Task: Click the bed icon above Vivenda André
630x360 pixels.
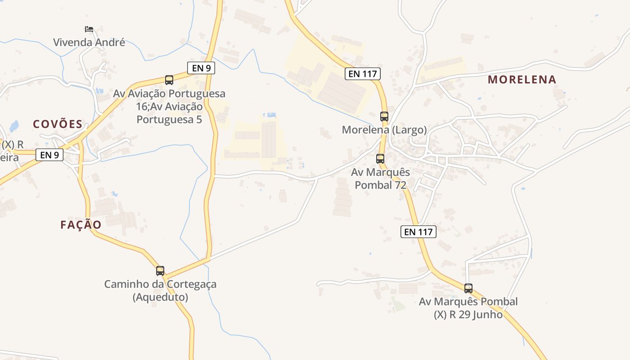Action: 89,29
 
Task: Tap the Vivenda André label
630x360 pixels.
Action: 89,43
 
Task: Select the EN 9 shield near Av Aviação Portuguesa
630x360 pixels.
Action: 201,68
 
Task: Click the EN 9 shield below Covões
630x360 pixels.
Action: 49,155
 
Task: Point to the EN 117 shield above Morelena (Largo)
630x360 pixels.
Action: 363,74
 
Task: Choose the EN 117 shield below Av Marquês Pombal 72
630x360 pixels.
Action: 418,232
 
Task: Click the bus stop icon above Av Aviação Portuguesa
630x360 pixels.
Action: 169,80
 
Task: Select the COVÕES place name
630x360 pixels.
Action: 58,124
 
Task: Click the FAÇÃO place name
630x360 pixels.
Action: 81,225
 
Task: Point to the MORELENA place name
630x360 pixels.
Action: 522,80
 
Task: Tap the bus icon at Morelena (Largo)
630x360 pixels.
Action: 384,117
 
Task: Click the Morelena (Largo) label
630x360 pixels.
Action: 384,130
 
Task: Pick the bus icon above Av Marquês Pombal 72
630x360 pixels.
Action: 380,159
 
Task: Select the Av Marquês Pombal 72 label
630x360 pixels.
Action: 381,179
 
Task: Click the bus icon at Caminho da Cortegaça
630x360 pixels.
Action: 160,271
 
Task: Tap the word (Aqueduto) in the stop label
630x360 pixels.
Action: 160,297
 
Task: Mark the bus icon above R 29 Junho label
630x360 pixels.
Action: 468,288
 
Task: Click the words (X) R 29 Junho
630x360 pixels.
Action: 468,315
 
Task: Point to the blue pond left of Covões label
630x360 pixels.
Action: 14,126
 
